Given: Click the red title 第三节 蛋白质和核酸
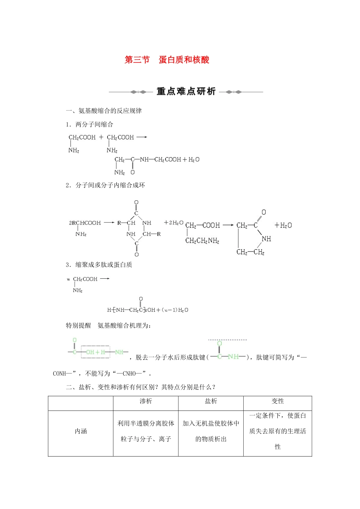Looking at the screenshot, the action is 167,60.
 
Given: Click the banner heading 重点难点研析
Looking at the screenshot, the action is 186,92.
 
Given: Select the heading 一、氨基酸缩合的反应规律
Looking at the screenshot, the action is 104,111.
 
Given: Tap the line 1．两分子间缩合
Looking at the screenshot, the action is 89,125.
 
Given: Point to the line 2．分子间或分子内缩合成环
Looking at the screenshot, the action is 105,185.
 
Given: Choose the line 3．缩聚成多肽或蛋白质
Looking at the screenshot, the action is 99,265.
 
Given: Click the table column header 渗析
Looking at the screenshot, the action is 146,401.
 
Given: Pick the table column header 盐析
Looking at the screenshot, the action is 211,401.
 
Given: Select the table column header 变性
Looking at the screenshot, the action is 278,401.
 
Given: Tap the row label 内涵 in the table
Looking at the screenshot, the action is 81,431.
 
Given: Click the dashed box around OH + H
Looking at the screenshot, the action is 95,352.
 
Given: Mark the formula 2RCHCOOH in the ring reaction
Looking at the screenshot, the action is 85,223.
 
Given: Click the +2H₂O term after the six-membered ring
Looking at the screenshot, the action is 174,223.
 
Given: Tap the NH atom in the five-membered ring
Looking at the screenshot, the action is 266,239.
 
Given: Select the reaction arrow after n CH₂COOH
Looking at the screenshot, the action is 105,279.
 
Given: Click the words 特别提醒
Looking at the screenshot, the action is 78,326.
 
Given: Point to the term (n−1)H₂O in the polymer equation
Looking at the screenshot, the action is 175,310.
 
